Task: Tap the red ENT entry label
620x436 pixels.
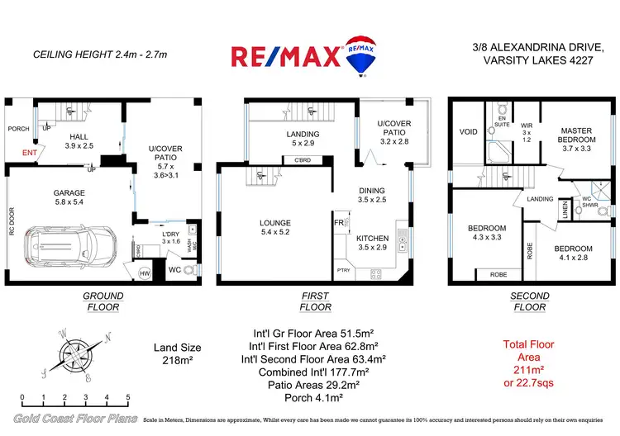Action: click(29, 154)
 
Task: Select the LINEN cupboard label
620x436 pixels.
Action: click(565, 213)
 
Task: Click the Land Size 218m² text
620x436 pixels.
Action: click(177, 354)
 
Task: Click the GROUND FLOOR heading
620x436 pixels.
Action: click(103, 301)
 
